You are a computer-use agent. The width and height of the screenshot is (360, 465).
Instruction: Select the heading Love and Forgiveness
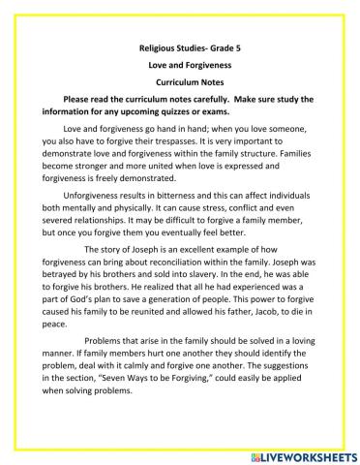pos(180,63)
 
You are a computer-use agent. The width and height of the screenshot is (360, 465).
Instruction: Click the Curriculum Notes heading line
pos(180,81)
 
